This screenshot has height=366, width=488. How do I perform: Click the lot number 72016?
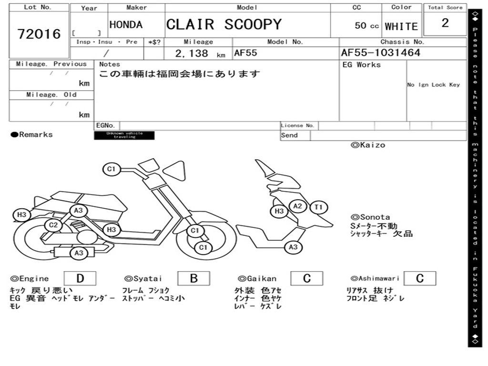click(x=39, y=34)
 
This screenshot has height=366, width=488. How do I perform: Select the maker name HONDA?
click(x=126, y=25)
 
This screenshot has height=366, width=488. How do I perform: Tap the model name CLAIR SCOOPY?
click(x=224, y=24)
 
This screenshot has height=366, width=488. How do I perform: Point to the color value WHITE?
click(x=401, y=26)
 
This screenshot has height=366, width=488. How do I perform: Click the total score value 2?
click(x=445, y=23)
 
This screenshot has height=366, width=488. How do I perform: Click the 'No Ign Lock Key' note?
click(x=433, y=85)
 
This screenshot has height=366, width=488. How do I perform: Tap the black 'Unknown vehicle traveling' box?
click(x=124, y=135)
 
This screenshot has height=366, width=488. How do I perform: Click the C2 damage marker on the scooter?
click(x=53, y=225)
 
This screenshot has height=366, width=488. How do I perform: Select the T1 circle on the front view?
click(x=318, y=207)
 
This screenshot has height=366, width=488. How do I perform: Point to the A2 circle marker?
click(x=298, y=206)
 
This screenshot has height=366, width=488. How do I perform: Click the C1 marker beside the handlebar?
click(x=112, y=169)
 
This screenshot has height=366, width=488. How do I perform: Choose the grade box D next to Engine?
click(x=80, y=278)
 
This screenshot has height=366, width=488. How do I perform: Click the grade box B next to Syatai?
click(x=193, y=278)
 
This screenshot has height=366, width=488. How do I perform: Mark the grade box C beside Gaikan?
click(x=306, y=278)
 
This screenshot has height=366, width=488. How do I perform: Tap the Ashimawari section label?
click(x=375, y=278)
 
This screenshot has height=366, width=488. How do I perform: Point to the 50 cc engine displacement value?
click(x=366, y=26)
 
